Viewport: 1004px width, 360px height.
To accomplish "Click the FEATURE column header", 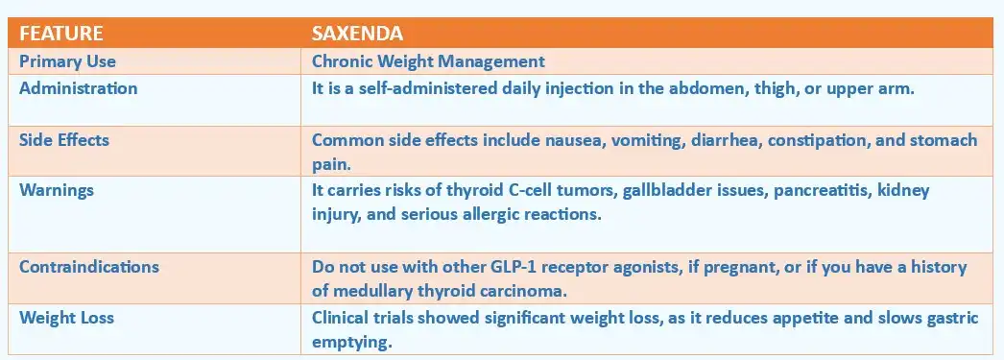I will tap(61, 34).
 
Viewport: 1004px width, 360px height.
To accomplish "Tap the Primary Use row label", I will tap(67, 61).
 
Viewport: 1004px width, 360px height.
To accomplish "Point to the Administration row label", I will tap(79, 88).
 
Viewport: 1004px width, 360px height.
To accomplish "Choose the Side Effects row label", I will tap(64, 140).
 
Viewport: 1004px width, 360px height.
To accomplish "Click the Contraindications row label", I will tap(89, 267).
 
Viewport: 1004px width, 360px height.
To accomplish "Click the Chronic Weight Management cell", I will tap(428, 61).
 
